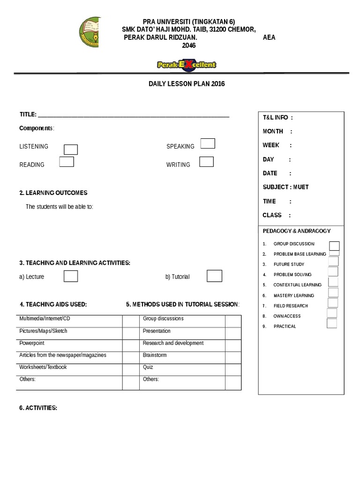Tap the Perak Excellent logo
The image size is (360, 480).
(x=187, y=65)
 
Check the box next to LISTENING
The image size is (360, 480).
(x=71, y=150)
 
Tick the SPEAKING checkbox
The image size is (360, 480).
(x=208, y=143)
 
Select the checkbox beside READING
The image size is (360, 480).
(x=67, y=162)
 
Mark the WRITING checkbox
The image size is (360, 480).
(x=206, y=162)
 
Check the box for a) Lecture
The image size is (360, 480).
(x=71, y=277)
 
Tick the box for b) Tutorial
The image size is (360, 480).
(x=214, y=276)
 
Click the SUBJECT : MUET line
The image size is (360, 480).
(x=285, y=187)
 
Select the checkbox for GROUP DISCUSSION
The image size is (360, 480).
(x=334, y=246)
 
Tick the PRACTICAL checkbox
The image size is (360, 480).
(x=332, y=323)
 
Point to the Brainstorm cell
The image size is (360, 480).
(x=182, y=356)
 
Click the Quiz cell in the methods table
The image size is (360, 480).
(x=182, y=368)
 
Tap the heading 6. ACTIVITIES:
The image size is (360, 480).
(x=38, y=408)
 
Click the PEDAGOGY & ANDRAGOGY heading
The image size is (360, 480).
(x=296, y=231)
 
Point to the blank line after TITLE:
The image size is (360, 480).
(x=133, y=115)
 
